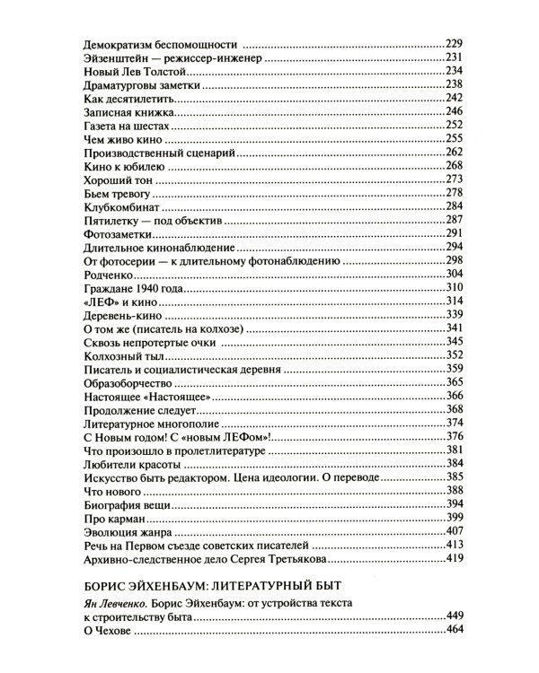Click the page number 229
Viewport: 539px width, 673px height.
tap(459, 44)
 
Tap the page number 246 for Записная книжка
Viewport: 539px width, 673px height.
tap(459, 111)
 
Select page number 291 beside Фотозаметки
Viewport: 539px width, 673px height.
tap(459, 232)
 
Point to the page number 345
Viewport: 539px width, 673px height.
tap(459, 342)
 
